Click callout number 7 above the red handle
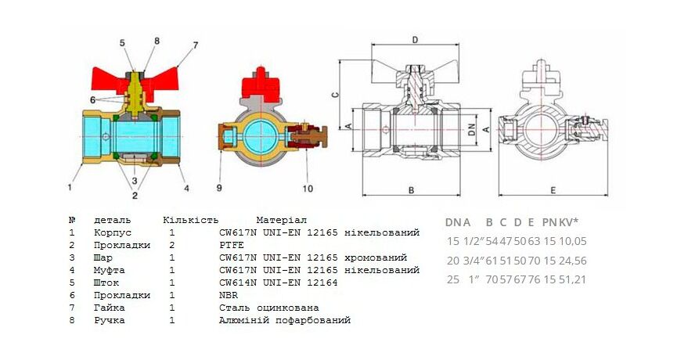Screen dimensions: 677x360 tap(195, 45)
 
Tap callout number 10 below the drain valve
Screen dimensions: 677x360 tap(308, 188)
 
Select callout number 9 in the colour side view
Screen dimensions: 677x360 tap(219, 188)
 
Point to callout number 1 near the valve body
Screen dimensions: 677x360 tap(70, 187)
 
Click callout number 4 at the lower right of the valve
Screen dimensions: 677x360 tap(186, 188)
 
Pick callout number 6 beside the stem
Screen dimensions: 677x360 tap(93, 100)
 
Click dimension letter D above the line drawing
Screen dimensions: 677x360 tap(415, 40)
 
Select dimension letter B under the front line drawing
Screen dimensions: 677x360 tap(411, 190)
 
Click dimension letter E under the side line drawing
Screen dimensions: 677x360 tap(553, 190)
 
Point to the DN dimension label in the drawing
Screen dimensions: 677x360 tap(472, 129)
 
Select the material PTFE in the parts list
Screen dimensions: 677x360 tap(232, 245)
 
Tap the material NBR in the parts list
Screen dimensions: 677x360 tap(229, 295)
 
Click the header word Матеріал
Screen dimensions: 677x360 tap(281, 220)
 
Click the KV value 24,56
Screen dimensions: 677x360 tap(573, 261)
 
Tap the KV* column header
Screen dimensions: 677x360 tap(569, 222)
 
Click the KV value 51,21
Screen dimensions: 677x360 tap(573, 279)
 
